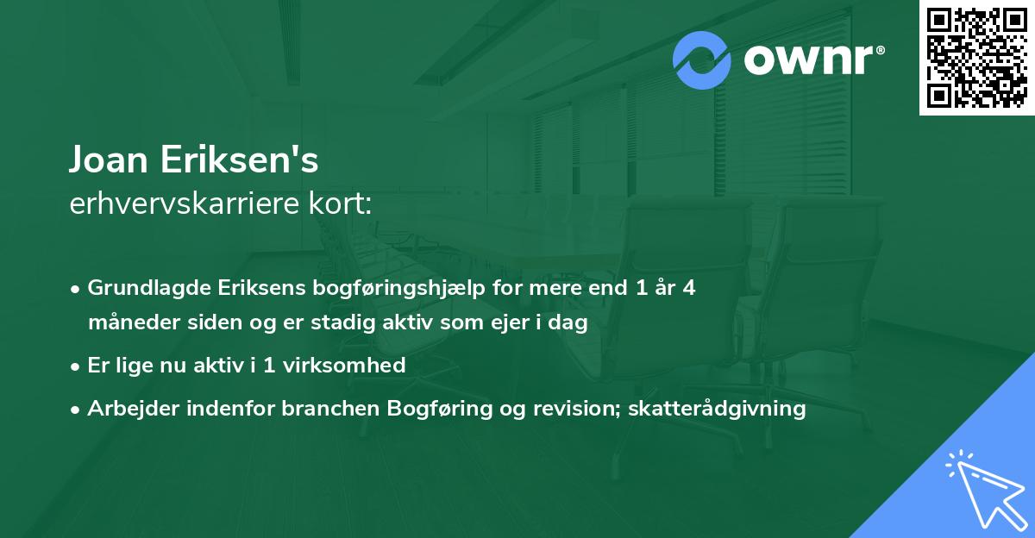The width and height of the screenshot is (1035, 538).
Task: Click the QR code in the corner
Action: coord(977,57)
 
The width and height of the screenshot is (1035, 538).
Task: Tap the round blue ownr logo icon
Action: coord(702,61)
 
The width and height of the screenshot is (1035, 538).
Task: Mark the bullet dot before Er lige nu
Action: coord(77,366)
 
